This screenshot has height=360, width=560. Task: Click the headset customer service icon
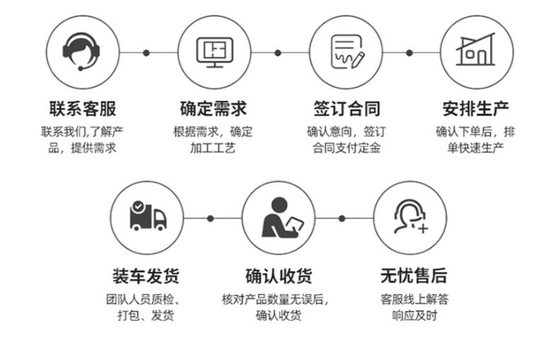coord(82,52)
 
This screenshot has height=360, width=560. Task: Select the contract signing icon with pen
coord(346,52)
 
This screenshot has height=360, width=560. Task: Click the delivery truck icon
coord(147,217)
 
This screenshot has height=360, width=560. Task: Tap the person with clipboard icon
coord(279,217)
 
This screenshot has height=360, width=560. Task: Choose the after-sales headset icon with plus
coord(410,217)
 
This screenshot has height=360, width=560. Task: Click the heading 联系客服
coord(82,109)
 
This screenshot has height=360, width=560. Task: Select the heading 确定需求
coord(213,109)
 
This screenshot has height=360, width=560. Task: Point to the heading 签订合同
coord(346,109)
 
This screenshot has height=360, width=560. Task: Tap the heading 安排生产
coord(476,109)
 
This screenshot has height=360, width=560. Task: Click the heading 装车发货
coord(147,276)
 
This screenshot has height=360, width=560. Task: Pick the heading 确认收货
coord(279,276)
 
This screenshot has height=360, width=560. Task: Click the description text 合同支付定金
coord(346,148)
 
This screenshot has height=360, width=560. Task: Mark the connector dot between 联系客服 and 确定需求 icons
coord(147,52)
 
